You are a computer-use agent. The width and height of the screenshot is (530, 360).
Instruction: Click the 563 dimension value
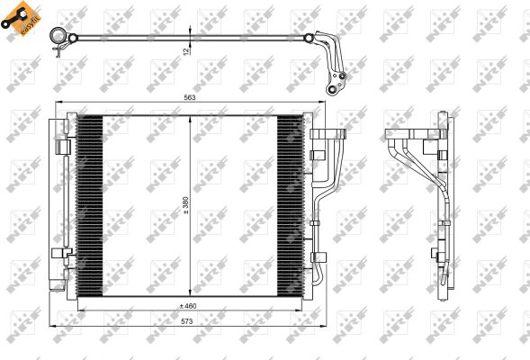(x=190, y=98)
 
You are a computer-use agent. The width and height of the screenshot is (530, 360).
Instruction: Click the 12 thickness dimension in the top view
(x=187, y=51)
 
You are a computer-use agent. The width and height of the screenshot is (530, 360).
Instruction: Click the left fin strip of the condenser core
(x=90, y=207)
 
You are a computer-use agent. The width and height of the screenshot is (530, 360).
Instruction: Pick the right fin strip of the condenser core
(x=291, y=207)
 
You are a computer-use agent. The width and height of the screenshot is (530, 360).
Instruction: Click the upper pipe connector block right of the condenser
(x=328, y=136)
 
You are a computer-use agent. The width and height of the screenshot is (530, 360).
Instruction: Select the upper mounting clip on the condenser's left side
(x=62, y=145)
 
